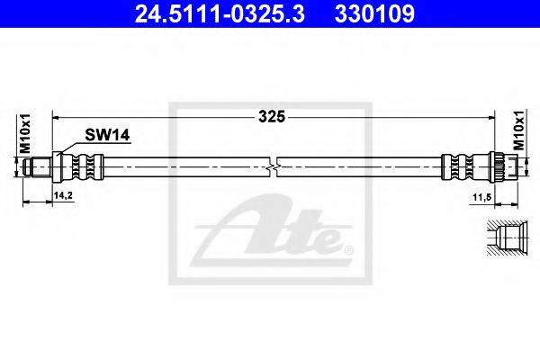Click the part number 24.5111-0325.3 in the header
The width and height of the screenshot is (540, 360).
(x=220, y=14)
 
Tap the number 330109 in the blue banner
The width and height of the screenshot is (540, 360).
(x=374, y=14)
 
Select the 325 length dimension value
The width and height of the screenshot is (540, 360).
(x=272, y=117)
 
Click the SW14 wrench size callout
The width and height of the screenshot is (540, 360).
(x=107, y=135)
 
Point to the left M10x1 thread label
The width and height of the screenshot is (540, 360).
(x=25, y=134)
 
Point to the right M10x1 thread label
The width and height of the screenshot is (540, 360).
(x=519, y=130)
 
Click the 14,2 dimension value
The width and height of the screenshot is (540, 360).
(x=63, y=195)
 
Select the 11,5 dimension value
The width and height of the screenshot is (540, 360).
(x=481, y=197)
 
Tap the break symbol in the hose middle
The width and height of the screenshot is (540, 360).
(x=272, y=167)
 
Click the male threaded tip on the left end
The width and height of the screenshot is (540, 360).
(x=37, y=167)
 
